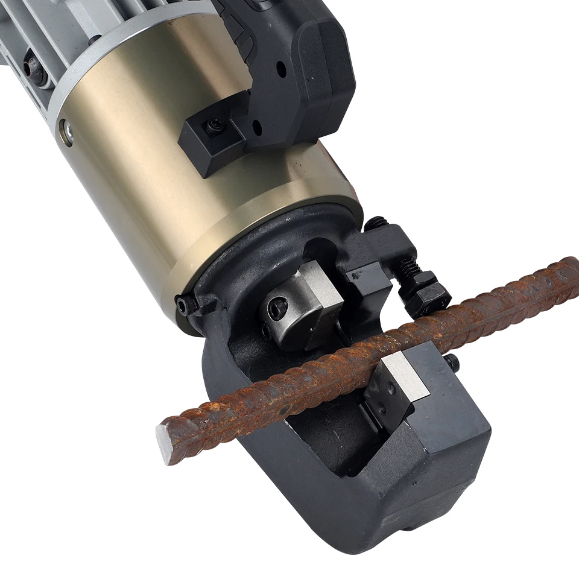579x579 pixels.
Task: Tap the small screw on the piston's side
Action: (x=265, y=331)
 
